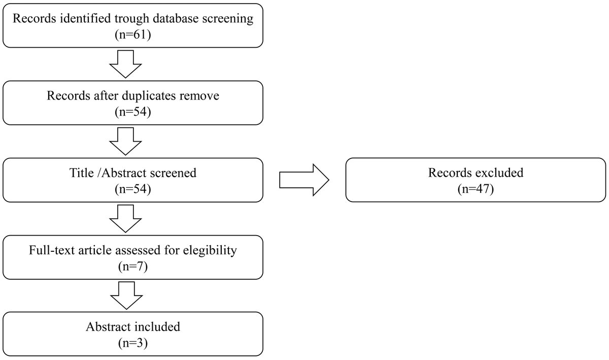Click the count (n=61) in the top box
pyautogui.click(x=133, y=35)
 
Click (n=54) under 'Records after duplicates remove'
pyautogui.click(x=133, y=112)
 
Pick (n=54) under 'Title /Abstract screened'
pyautogui.click(x=133, y=189)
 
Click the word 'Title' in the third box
pyautogui.click(x=81, y=173)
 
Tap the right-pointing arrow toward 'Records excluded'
pyautogui.click(x=304, y=180)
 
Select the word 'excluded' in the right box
pyautogui.click(x=499, y=173)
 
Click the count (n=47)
pyautogui.click(x=476, y=189)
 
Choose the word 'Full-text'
pyautogui.click(x=52, y=250)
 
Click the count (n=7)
pyautogui.click(x=133, y=267)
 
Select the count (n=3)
pyautogui.click(x=133, y=343)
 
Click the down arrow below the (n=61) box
pyautogui.click(x=125, y=64)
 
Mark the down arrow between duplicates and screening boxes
pyautogui.click(x=125, y=142)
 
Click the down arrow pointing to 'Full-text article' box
pyautogui.click(x=125, y=219)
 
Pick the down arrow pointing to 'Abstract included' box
pyautogui.click(x=126, y=296)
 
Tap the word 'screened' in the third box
pyautogui.click(x=173, y=173)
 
